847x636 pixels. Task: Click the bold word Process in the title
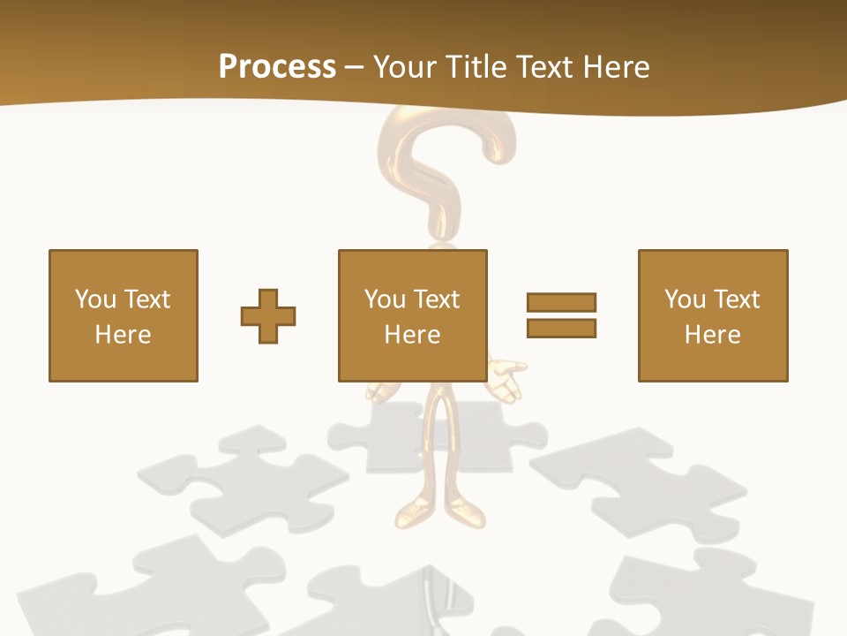pyautogui.click(x=277, y=66)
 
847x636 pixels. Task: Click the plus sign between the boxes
pyautogui.click(x=268, y=315)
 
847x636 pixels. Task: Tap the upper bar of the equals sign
pyautogui.click(x=561, y=302)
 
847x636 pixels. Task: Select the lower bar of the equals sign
pyautogui.click(x=561, y=328)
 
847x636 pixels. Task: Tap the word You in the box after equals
pyautogui.click(x=685, y=299)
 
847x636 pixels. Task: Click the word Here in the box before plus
pyautogui.click(x=123, y=335)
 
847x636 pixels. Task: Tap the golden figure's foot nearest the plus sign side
pyautogui.click(x=412, y=511)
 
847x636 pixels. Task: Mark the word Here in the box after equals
pyautogui.click(x=712, y=335)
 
